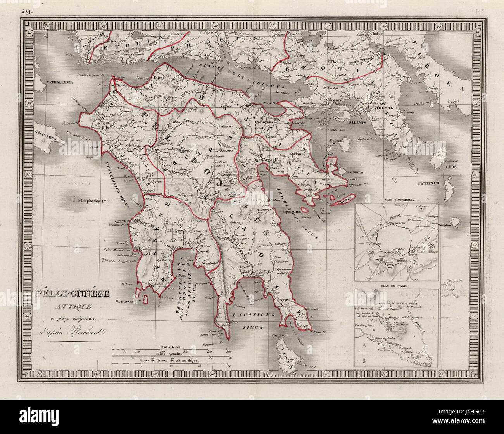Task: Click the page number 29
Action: pos(28,12)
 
